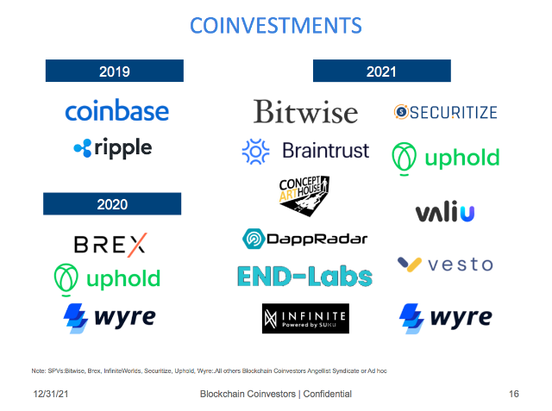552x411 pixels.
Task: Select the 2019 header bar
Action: coord(114,71)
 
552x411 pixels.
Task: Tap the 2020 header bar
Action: coord(112,204)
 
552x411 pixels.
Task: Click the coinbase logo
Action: coord(116,111)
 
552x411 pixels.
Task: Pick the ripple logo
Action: coord(113,148)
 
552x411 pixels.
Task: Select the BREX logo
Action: coord(110,244)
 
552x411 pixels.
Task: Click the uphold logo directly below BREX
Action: coord(107,279)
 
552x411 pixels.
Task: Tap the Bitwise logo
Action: coord(305,112)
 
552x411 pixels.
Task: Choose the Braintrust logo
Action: coord(305,151)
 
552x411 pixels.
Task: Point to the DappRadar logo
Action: coord(304,239)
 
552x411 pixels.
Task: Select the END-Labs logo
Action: coord(304,276)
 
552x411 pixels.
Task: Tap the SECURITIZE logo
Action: coord(445,111)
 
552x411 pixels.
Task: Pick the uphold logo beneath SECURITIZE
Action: coord(445,158)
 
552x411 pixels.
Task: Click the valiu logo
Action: coord(445,212)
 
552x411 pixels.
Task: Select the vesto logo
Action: coord(445,264)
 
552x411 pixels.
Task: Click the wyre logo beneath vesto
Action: coord(445,317)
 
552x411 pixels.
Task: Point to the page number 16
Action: coord(514,394)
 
